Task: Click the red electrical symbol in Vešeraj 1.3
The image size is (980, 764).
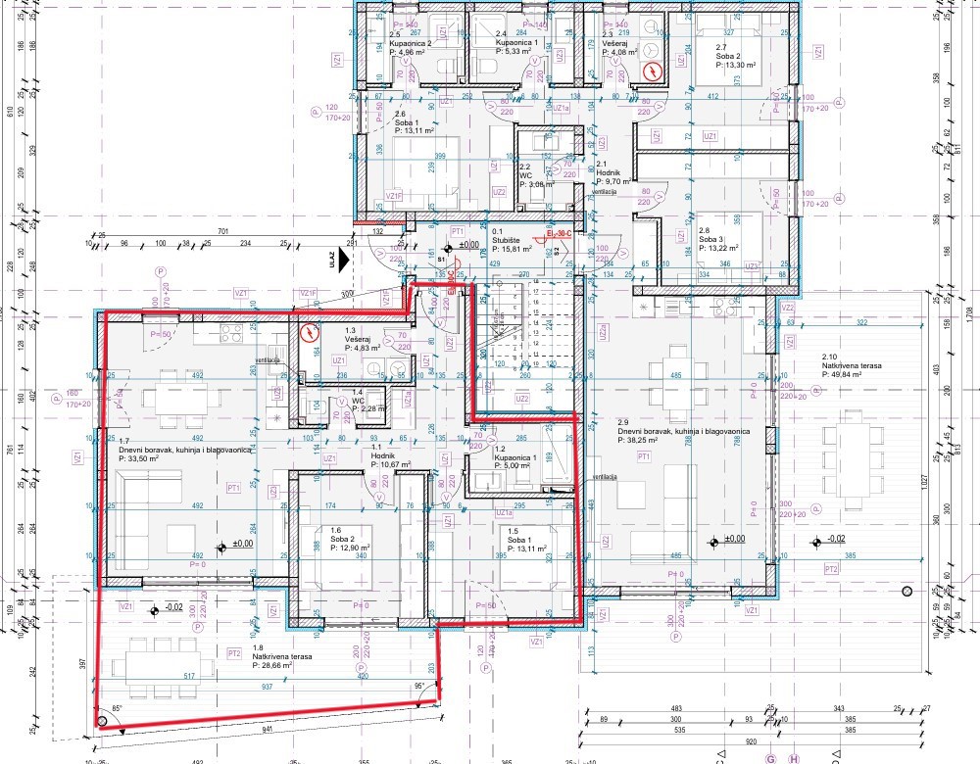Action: (310, 333)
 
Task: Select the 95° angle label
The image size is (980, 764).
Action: (419, 686)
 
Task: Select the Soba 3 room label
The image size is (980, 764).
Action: (711, 239)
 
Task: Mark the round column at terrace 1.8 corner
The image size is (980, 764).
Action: (101, 724)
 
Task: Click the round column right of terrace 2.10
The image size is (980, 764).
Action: (906, 591)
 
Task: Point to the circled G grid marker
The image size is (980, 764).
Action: (770, 757)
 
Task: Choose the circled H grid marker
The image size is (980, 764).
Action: (794, 757)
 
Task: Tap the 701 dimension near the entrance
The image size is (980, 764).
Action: (223, 232)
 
